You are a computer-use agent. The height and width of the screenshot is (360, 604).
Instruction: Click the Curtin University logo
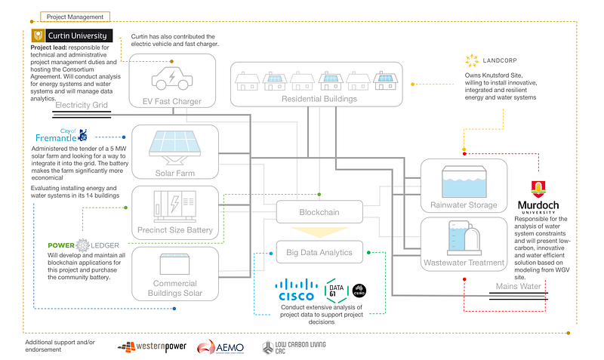click(72, 36)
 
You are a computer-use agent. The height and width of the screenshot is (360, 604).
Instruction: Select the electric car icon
click(174, 78)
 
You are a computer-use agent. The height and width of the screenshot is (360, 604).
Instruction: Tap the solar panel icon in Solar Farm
click(175, 145)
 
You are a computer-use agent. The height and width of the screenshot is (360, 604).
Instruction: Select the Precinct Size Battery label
click(175, 230)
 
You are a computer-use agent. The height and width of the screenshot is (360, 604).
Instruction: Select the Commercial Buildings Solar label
click(175, 289)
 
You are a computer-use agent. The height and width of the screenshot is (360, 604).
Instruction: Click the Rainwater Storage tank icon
click(463, 182)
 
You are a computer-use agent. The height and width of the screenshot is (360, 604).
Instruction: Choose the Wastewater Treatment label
click(463, 263)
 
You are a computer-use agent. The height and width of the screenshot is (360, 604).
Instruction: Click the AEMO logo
click(220, 347)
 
